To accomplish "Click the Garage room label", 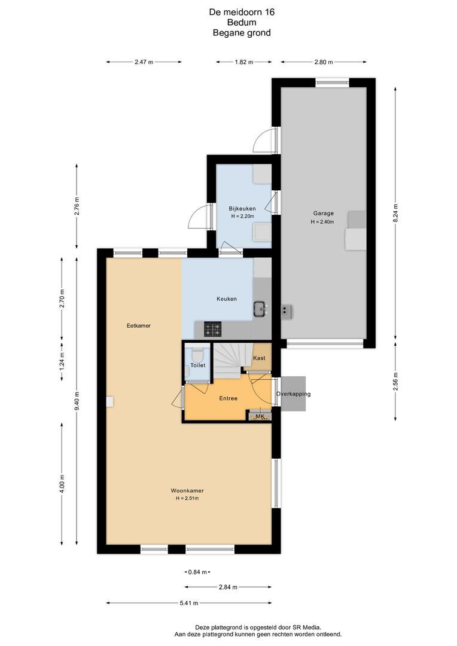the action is (323, 214).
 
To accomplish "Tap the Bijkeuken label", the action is (242, 209).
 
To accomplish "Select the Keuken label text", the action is (227, 298).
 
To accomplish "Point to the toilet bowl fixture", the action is (197, 354).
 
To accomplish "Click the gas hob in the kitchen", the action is (212, 329).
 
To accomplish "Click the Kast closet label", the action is (259, 358).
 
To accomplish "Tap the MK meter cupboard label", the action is (260, 416).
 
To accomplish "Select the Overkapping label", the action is (294, 394).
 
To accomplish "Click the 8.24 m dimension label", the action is (395, 214).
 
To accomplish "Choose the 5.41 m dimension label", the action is (189, 603).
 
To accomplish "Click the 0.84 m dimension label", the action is (197, 572).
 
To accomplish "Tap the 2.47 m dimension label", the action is (144, 62).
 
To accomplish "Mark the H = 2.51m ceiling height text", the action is (187, 498).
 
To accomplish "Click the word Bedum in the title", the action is (242, 22).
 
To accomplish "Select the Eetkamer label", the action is (138, 325).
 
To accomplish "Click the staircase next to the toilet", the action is (228, 360).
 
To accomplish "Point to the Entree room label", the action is (228, 398).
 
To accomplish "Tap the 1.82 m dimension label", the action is (244, 62).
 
